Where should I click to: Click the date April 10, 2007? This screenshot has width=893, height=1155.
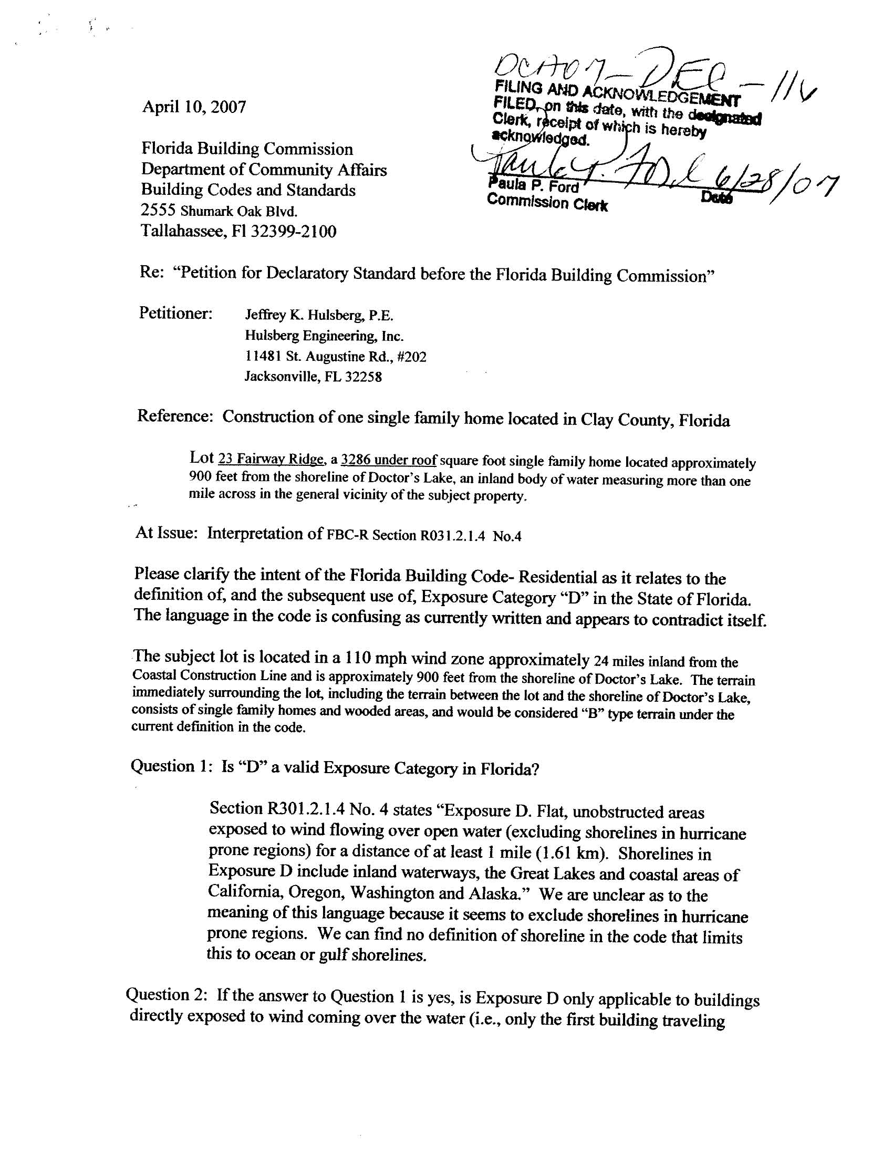(194, 107)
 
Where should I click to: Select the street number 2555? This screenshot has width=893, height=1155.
(159, 211)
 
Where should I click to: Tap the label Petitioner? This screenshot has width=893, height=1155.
(175, 313)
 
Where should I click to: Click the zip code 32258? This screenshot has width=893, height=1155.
(363, 377)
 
